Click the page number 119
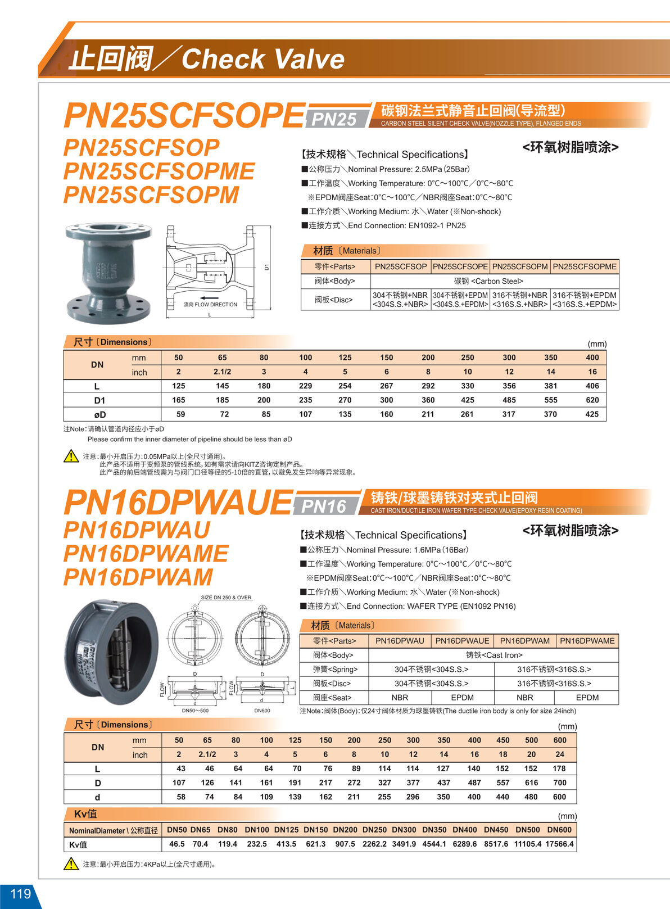(20, 894)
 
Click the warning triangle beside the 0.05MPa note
(71, 456)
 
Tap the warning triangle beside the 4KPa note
(71, 863)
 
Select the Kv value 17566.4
(559, 844)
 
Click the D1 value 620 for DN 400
(592, 400)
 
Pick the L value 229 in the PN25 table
(305, 386)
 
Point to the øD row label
(99, 415)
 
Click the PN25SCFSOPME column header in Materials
(585, 266)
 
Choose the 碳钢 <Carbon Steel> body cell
(488, 281)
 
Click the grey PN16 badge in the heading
(324, 506)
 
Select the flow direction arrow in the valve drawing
(209, 298)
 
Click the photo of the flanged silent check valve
(108, 272)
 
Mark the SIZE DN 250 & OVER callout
(226, 598)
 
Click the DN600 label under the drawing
(262, 711)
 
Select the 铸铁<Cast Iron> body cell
(494, 655)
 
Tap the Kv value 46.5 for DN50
(176, 844)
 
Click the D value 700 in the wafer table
(559, 783)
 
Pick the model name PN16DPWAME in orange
(146, 554)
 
